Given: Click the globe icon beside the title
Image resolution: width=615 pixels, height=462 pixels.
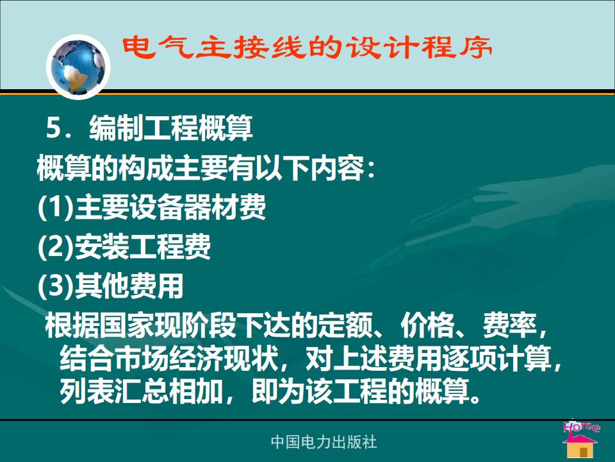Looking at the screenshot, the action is point(78,67).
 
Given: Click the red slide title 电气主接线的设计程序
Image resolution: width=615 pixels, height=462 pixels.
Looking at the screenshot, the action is point(307,48).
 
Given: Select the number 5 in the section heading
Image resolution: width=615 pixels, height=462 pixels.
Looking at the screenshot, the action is point(53,128).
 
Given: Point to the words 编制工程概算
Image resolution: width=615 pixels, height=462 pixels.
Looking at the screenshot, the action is point(171,128).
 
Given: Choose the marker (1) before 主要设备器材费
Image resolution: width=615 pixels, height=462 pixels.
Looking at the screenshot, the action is point(56,207).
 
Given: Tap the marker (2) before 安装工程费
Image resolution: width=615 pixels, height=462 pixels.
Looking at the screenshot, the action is point(56,246).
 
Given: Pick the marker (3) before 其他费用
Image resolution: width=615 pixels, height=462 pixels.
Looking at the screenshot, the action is point(56,286).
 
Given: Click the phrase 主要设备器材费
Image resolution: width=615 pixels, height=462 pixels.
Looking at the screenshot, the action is point(170,207).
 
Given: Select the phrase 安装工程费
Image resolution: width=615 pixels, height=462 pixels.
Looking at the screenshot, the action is point(143,246).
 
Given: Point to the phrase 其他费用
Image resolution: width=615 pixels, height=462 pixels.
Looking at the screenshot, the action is point(129,286).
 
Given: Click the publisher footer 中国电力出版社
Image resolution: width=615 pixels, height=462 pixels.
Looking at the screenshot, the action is point(324,441).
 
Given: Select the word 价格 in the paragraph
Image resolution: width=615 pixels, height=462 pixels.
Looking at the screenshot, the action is point(427,325).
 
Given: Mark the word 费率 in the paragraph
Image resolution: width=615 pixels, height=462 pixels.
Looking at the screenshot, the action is point(509,325).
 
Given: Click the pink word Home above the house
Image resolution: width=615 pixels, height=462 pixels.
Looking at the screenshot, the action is point(581,427).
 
